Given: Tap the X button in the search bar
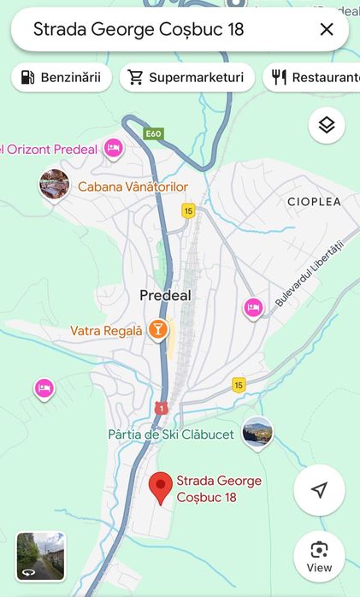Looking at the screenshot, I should (326, 30).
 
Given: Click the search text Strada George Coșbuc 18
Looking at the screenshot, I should (139, 30).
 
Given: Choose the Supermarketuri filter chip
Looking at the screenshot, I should (186, 78).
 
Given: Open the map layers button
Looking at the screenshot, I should (326, 126).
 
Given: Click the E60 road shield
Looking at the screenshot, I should (153, 134).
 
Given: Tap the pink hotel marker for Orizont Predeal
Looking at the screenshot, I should (113, 149).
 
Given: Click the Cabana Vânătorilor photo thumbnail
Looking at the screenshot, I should (54, 185).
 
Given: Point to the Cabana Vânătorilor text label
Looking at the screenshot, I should (133, 186).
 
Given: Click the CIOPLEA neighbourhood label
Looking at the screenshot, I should (314, 202).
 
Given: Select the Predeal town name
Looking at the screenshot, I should (165, 296).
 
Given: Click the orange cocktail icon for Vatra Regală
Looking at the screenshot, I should (157, 330).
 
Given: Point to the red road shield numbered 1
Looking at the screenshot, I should (162, 409).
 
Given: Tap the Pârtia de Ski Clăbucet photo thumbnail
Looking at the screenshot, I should (257, 432).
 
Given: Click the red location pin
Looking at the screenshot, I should (160, 488).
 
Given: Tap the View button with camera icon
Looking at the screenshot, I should (319, 556).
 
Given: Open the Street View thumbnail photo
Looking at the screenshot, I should (41, 557).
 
